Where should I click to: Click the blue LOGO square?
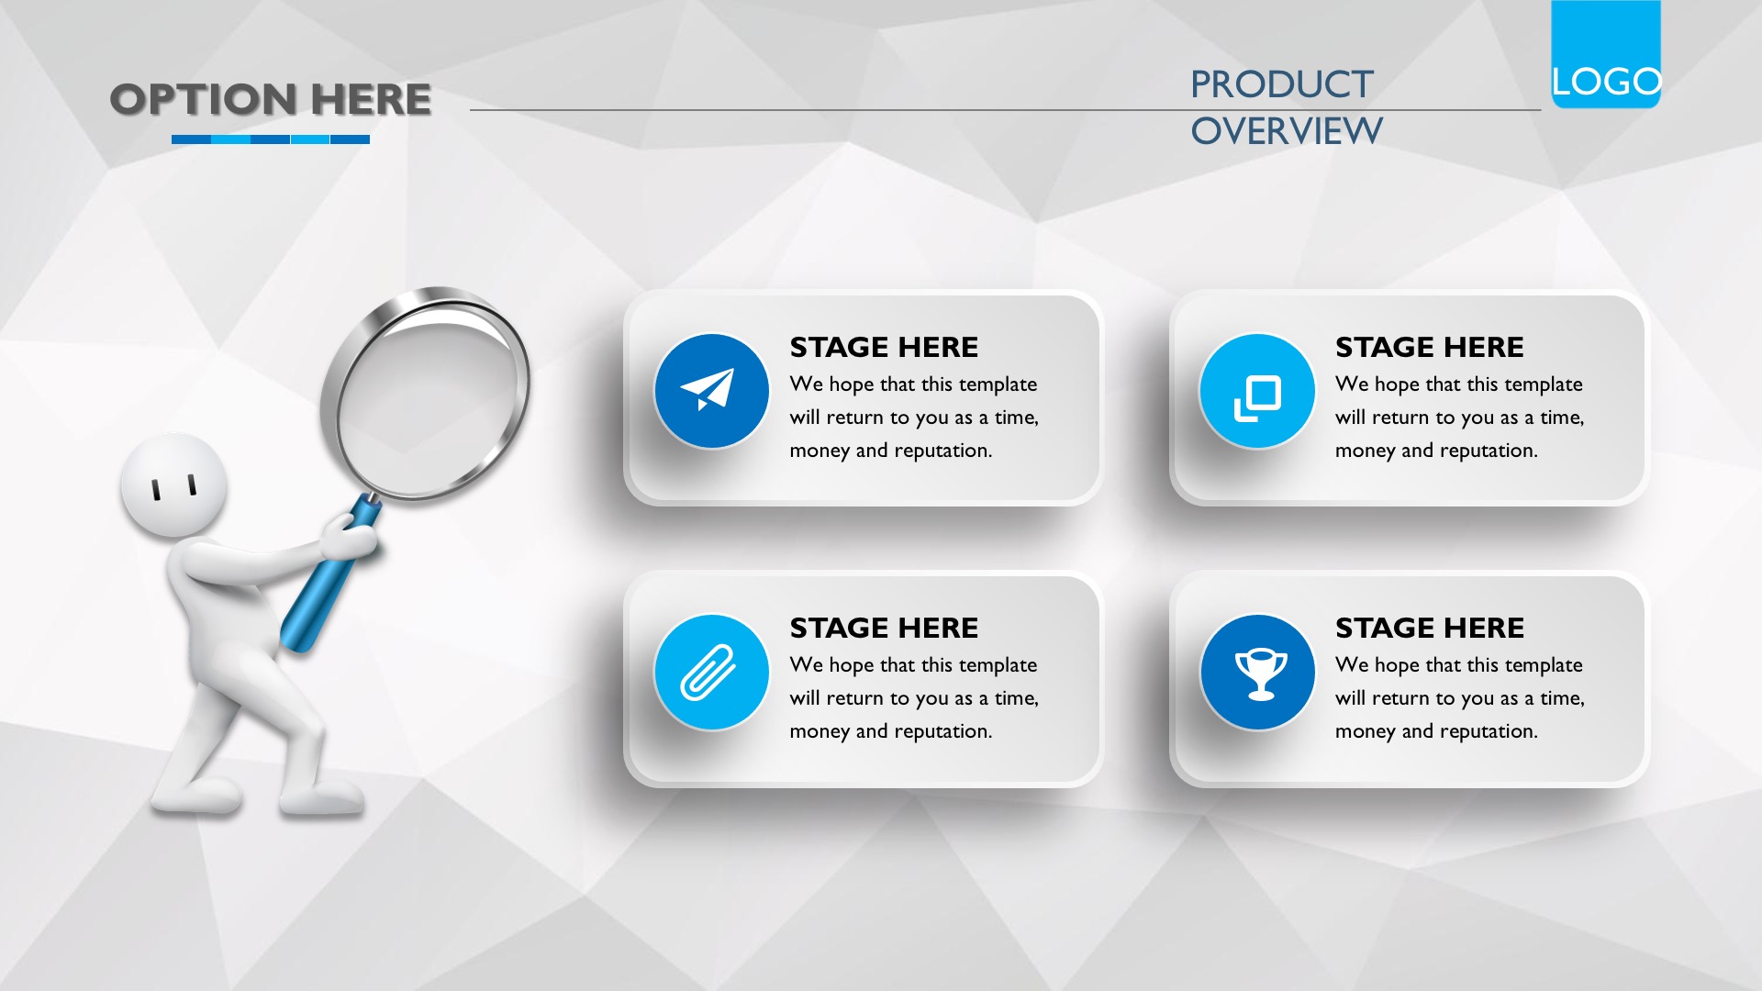pos(1606,54)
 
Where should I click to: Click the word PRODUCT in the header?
pos(1282,84)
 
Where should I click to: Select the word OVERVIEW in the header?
pos(1287,131)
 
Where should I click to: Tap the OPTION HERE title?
pos(271,99)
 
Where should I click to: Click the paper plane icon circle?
pos(711,391)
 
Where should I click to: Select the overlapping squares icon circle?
pos(1257,391)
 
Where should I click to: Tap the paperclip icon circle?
pos(711,672)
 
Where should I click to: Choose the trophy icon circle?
pos(1257,672)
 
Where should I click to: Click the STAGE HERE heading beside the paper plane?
pos(884,347)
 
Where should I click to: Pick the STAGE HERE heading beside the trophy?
pos(1430,628)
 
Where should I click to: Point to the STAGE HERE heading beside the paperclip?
pos(884,628)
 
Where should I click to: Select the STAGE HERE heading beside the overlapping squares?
pos(1430,347)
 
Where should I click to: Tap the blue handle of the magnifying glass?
pos(327,578)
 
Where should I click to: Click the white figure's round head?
pos(174,484)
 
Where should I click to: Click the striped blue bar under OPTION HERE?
pos(271,139)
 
